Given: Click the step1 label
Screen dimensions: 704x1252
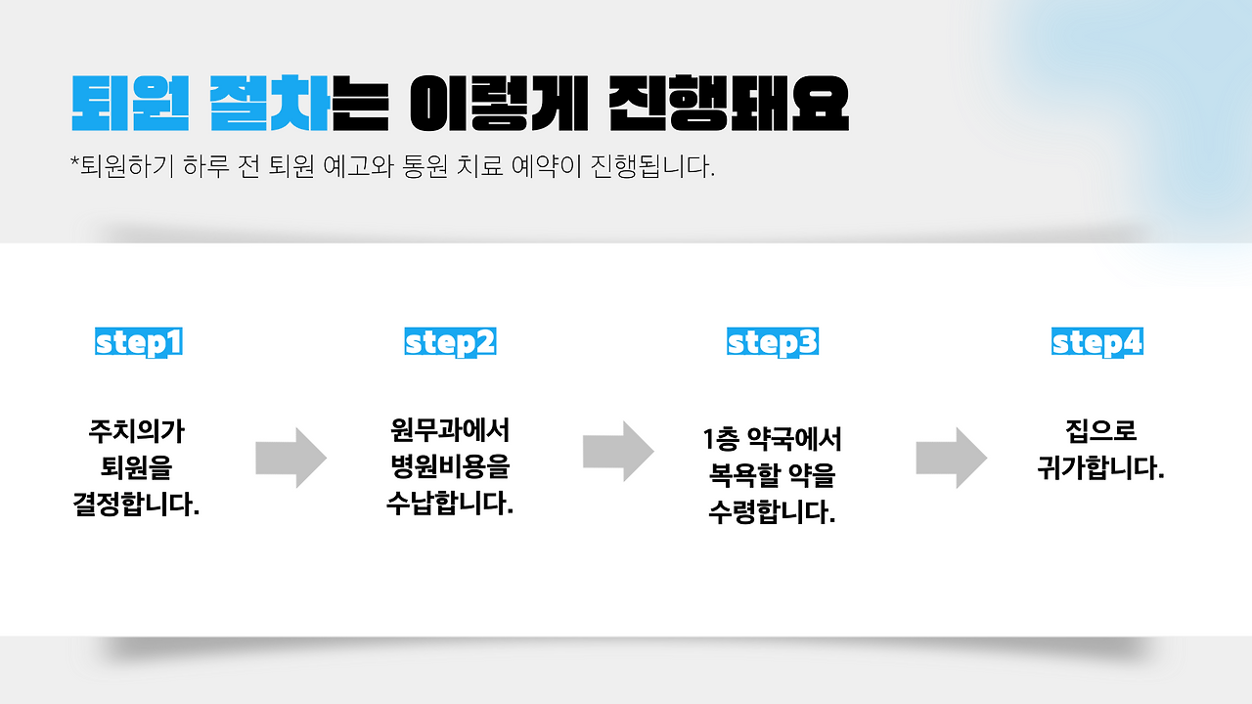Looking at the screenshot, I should click(139, 342).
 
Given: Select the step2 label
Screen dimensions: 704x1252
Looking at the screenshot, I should click(450, 342).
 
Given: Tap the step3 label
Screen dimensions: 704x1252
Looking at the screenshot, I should click(773, 342).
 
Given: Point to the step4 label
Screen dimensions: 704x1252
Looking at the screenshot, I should click(1097, 342).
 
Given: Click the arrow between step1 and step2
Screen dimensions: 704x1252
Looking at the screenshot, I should click(291, 457).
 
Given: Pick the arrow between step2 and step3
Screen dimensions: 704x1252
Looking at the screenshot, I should click(618, 451).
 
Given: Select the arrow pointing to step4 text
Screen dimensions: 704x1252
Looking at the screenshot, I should click(951, 457).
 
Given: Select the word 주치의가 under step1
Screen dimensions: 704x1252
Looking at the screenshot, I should click(137, 430).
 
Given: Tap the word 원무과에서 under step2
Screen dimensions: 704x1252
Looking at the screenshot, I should click(450, 429).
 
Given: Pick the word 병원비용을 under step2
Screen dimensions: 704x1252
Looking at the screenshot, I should click(450, 466).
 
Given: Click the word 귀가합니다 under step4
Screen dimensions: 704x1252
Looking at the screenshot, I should click(1100, 468).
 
